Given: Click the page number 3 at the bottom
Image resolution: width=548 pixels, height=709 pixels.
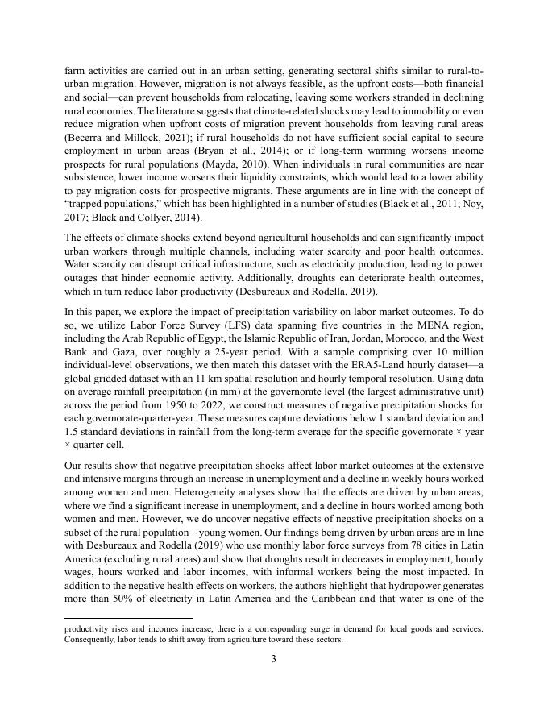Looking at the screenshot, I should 274,659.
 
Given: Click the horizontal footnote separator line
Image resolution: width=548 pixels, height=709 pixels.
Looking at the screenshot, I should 128,618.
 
